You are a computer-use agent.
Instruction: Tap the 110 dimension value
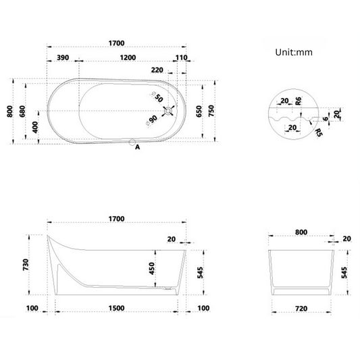180,58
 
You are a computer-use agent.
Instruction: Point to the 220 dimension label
157,70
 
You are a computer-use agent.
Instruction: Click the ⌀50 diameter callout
158,97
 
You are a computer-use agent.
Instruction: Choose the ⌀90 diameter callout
151,120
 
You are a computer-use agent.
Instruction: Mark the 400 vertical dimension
35,126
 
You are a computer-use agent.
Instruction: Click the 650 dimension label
199,111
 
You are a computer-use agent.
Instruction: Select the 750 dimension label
211,111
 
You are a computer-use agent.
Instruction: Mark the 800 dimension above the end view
301,232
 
